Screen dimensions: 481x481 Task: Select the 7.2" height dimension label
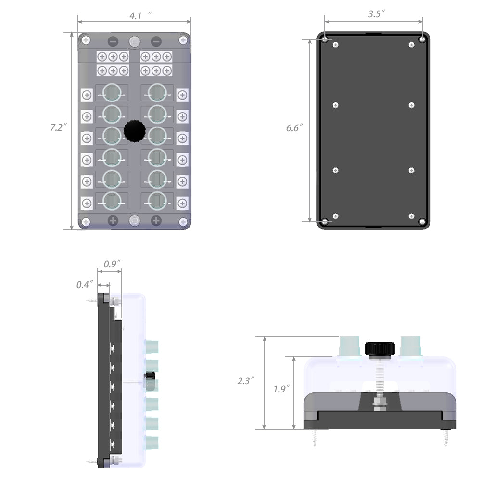pos(58,128)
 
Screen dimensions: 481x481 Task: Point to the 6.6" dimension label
pos(294,128)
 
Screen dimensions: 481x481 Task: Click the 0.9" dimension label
pos(112,264)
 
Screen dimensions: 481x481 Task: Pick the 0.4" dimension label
pos(85,285)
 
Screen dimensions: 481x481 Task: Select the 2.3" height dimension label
pos(246,380)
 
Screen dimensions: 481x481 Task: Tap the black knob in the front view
pos(134,131)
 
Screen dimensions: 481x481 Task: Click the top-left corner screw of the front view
pos(86,40)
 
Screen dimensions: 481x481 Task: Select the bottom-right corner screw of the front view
pos(183,222)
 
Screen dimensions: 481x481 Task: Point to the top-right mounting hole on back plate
pos(422,38)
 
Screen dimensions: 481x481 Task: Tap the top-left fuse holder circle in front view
pos(112,91)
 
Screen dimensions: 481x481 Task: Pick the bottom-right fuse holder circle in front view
pos(157,201)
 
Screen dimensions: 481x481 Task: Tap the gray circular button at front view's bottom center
pos(134,220)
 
